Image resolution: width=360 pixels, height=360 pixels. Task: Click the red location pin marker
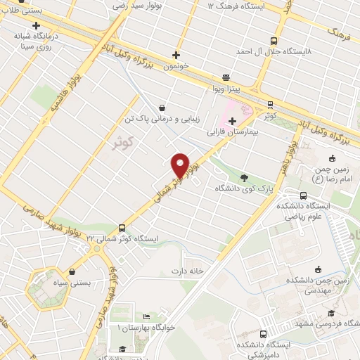tap(180, 165)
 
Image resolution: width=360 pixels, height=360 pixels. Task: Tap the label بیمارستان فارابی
tap(233, 131)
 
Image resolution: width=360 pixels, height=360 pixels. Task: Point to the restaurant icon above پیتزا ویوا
tap(225, 78)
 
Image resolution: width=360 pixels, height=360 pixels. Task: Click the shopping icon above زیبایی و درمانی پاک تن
tap(163, 108)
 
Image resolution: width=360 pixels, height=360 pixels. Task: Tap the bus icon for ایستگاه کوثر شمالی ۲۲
tap(122, 228)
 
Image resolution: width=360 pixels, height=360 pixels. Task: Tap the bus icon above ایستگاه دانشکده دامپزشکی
tap(264, 334)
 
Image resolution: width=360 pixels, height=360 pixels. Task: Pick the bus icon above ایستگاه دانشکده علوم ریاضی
tap(303, 195)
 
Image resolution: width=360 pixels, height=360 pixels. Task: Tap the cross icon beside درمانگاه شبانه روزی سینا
tap(35, 25)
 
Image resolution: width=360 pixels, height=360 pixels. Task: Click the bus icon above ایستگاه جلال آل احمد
tap(274, 41)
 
